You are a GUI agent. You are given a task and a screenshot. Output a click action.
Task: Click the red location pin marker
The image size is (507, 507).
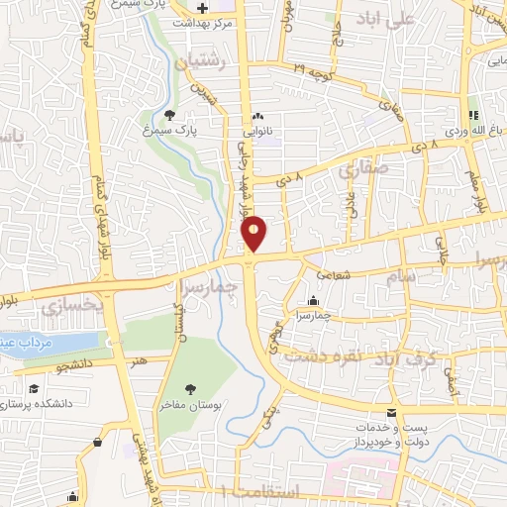(x=254, y=234)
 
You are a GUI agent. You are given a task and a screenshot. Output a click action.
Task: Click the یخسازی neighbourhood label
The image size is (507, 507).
(x=72, y=308)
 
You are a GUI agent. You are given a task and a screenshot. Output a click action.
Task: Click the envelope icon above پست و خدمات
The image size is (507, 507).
(x=393, y=411)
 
